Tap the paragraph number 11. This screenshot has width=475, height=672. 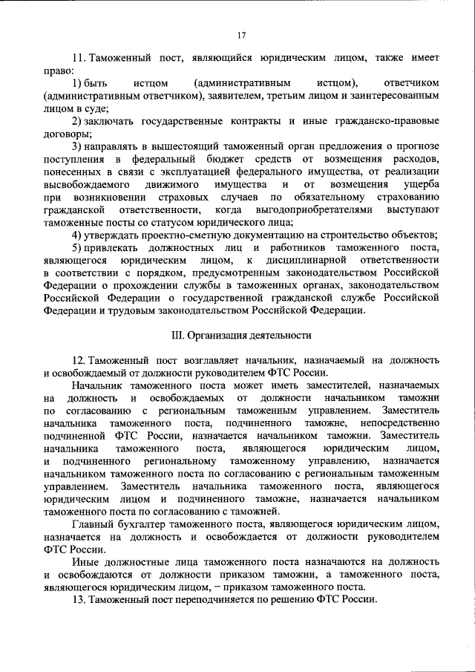tap(79, 57)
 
